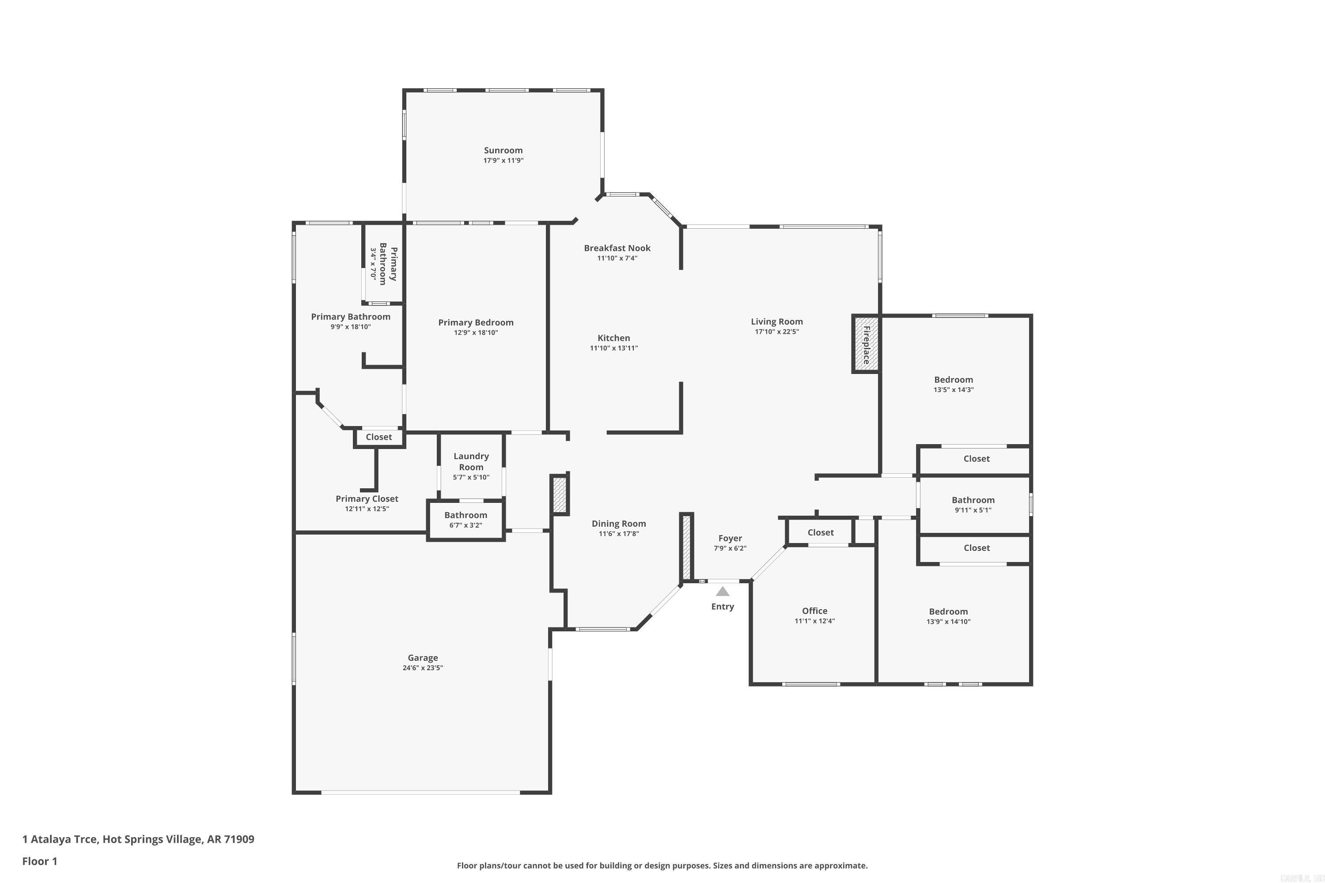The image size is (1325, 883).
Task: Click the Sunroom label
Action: [503, 151]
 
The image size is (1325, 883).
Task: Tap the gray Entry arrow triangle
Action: [722, 591]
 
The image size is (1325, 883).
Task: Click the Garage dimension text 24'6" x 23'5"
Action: [423, 668]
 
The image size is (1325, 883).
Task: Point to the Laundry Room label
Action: [471, 461]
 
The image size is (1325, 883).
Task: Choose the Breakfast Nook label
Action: [617, 248]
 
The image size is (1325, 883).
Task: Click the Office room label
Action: [814, 611]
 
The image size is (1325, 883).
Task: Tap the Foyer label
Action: [730, 538]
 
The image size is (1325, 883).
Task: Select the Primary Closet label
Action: [367, 499]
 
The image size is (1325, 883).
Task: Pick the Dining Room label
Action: [619, 524]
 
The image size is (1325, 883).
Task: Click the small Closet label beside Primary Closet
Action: [379, 437]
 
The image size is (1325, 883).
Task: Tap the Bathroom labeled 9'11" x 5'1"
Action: [973, 500]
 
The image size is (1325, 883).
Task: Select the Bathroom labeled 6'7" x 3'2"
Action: [466, 515]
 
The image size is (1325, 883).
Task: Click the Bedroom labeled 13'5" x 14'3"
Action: [953, 380]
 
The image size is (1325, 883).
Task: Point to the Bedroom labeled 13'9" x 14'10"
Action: [948, 611]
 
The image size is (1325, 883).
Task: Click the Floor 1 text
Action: [39, 861]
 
